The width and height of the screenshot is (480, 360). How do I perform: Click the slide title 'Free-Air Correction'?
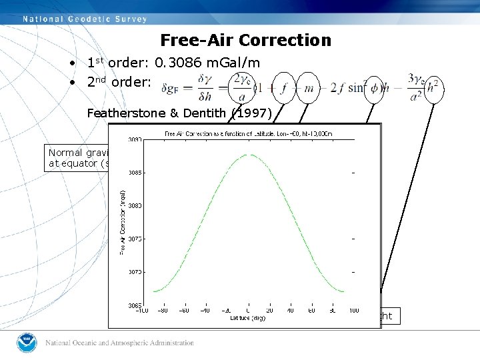pos(245,41)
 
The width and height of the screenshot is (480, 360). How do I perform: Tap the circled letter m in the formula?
pos(307,88)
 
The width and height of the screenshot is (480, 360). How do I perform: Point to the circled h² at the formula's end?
pos(434,88)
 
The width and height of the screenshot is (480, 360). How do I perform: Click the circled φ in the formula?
pos(374,88)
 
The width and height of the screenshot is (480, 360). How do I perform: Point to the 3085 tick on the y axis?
pos(135,173)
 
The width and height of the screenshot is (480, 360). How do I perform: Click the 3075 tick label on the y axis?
pos(135,239)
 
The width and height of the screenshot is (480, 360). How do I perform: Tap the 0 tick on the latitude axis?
pos(247,310)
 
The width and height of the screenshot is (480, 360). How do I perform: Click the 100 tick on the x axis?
pos(353,310)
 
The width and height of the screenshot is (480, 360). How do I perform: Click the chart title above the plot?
pos(247,134)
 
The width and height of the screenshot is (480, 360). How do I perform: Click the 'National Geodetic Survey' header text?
pos(85,19)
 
